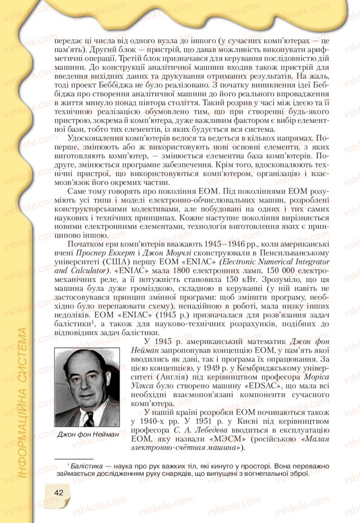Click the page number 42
click(58, 492)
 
